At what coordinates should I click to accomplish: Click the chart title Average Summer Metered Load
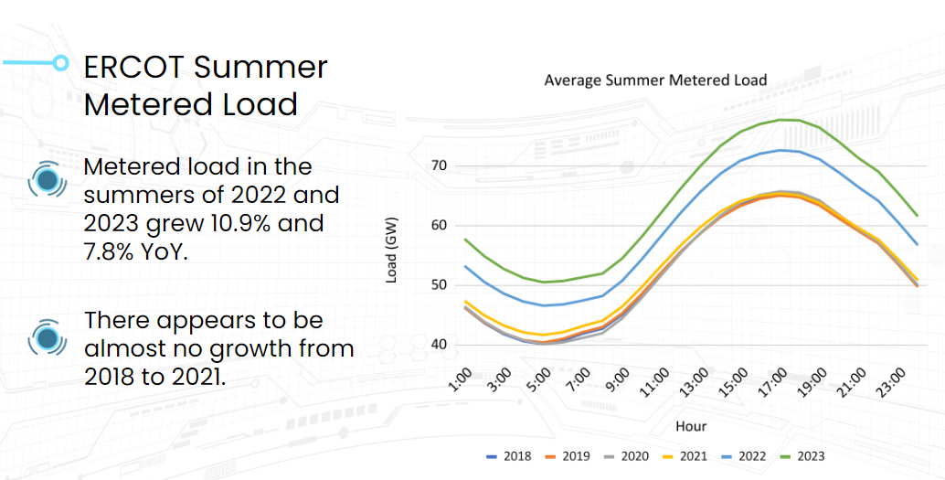coord(655,80)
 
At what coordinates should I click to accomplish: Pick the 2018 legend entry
coord(508,456)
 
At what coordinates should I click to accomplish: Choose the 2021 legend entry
coord(684,456)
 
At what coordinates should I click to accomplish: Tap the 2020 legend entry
coord(625,456)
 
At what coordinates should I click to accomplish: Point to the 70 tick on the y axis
coord(440,165)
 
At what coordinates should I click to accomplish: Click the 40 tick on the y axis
coord(440,345)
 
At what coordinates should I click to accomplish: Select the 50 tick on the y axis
coord(440,285)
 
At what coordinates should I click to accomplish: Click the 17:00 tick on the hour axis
coord(771,379)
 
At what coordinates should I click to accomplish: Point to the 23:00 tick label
coord(892,379)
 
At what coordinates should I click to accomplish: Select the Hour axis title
coord(691,426)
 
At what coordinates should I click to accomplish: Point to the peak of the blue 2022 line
coord(782,150)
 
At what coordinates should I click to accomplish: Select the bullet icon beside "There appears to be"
coord(48,337)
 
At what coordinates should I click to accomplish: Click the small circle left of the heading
coord(60,63)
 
